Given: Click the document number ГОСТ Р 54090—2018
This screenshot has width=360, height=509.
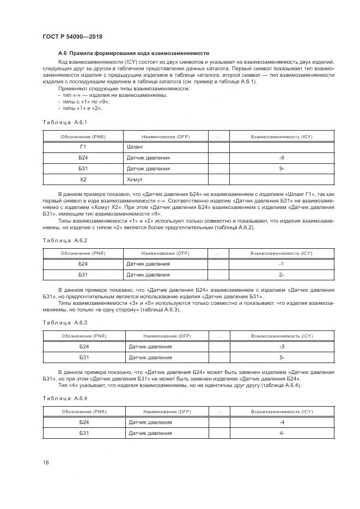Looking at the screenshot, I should (72, 36).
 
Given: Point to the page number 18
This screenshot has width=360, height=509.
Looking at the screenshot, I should (46, 462).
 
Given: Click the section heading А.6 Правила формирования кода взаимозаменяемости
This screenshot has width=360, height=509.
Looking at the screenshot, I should (133, 53).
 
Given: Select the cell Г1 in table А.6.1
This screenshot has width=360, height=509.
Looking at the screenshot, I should (83, 147).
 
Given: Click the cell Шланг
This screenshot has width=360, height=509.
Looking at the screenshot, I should (136, 147).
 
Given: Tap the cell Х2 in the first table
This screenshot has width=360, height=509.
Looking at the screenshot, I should (83, 179).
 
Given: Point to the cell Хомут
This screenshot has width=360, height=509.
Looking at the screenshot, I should (136, 179).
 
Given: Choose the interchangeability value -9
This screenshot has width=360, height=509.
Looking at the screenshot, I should (281, 158).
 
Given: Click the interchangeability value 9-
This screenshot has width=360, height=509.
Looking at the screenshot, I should (281, 168).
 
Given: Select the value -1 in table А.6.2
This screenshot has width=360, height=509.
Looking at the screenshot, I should (281, 264).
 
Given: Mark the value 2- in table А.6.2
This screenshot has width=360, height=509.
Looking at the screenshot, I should (281, 275).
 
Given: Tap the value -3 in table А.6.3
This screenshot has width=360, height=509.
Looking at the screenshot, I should (282, 347).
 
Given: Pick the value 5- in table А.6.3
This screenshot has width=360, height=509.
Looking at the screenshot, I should (282, 358).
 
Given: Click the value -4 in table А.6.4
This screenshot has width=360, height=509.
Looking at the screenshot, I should (282, 422).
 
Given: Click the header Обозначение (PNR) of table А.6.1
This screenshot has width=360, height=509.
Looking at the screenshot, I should (83, 137).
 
